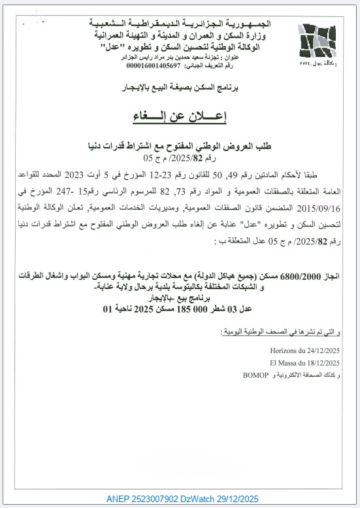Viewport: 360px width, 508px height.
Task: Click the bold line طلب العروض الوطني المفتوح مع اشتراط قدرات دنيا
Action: (180, 146)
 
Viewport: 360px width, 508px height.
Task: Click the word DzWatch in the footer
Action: (210, 499)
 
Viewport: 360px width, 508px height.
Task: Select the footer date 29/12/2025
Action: (251, 499)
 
